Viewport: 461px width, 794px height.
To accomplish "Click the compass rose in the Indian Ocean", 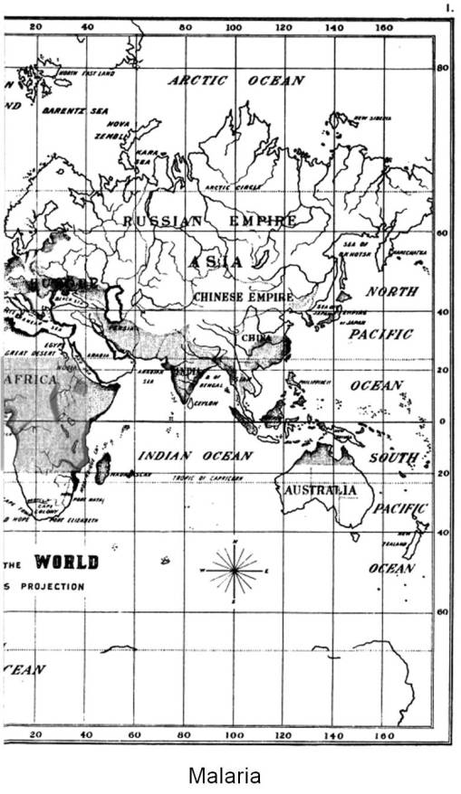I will click(x=235, y=571).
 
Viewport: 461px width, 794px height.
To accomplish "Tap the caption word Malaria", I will click(x=224, y=775).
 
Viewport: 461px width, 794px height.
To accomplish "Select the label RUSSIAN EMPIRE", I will click(x=209, y=221).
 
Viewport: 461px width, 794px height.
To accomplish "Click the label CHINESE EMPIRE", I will click(x=242, y=297).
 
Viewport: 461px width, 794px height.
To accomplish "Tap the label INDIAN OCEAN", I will click(x=195, y=456).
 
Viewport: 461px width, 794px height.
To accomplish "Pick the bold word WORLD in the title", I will click(x=66, y=562).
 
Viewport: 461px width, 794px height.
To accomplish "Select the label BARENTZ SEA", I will click(x=74, y=110).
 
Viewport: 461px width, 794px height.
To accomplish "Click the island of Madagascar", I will click(x=103, y=467).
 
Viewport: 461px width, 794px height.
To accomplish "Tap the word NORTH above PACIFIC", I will click(x=391, y=292).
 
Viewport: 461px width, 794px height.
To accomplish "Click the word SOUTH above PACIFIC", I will click(x=393, y=458).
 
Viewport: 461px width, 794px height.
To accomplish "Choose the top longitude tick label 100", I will click(x=234, y=27).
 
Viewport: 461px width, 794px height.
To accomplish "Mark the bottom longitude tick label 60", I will click(x=134, y=734).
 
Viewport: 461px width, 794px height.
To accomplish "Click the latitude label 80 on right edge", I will click(x=444, y=68).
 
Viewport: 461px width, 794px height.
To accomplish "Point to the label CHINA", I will click(x=256, y=337).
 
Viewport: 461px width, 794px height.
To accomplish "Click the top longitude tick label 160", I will click(x=384, y=27).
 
